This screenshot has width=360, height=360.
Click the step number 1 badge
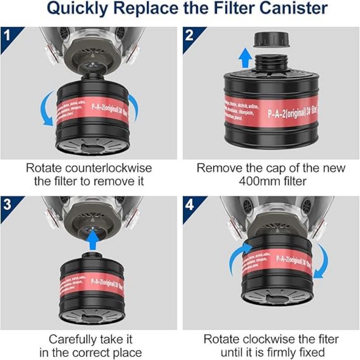(x=8, y=35)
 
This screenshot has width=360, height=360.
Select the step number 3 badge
(x=8, y=204)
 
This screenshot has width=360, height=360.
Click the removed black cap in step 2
(x=270, y=40)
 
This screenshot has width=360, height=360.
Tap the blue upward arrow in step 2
(x=245, y=58)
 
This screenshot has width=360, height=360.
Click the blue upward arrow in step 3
(x=92, y=239)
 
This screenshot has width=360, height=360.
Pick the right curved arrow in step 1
(x=134, y=108)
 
